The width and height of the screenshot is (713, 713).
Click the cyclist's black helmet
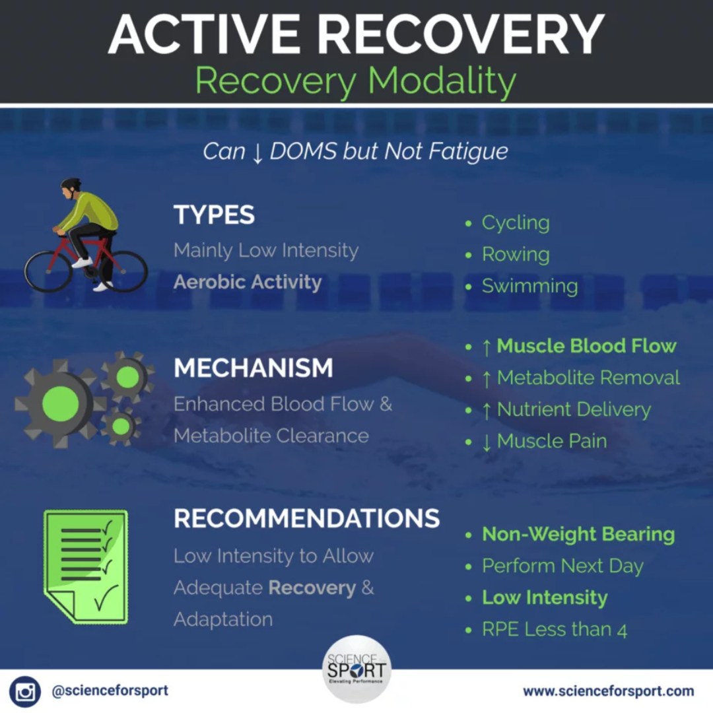[x=71, y=184]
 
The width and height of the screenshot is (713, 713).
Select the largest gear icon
[x=60, y=402]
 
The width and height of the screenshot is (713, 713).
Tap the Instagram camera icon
[x=25, y=692]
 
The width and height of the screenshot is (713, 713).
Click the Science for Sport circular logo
[x=356, y=668]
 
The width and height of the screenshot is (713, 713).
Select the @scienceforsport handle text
[x=110, y=691]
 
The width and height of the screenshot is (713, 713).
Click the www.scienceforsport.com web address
[x=608, y=691]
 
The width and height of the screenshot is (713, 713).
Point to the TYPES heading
[x=214, y=215]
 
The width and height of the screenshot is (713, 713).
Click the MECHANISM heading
[x=254, y=368]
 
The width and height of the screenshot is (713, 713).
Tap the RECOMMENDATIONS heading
[x=306, y=519]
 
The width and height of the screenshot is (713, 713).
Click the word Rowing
[x=516, y=255]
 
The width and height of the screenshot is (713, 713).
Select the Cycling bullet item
[x=516, y=223]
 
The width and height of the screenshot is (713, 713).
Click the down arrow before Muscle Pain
[x=487, y=442]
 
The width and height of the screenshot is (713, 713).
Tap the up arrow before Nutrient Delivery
[x=487, y=410]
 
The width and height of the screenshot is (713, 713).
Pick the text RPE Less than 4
[x=554, y=630]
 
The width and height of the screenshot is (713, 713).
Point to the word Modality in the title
[x=442, y=81]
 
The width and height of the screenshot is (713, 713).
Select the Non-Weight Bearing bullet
[x=578, y=535]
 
